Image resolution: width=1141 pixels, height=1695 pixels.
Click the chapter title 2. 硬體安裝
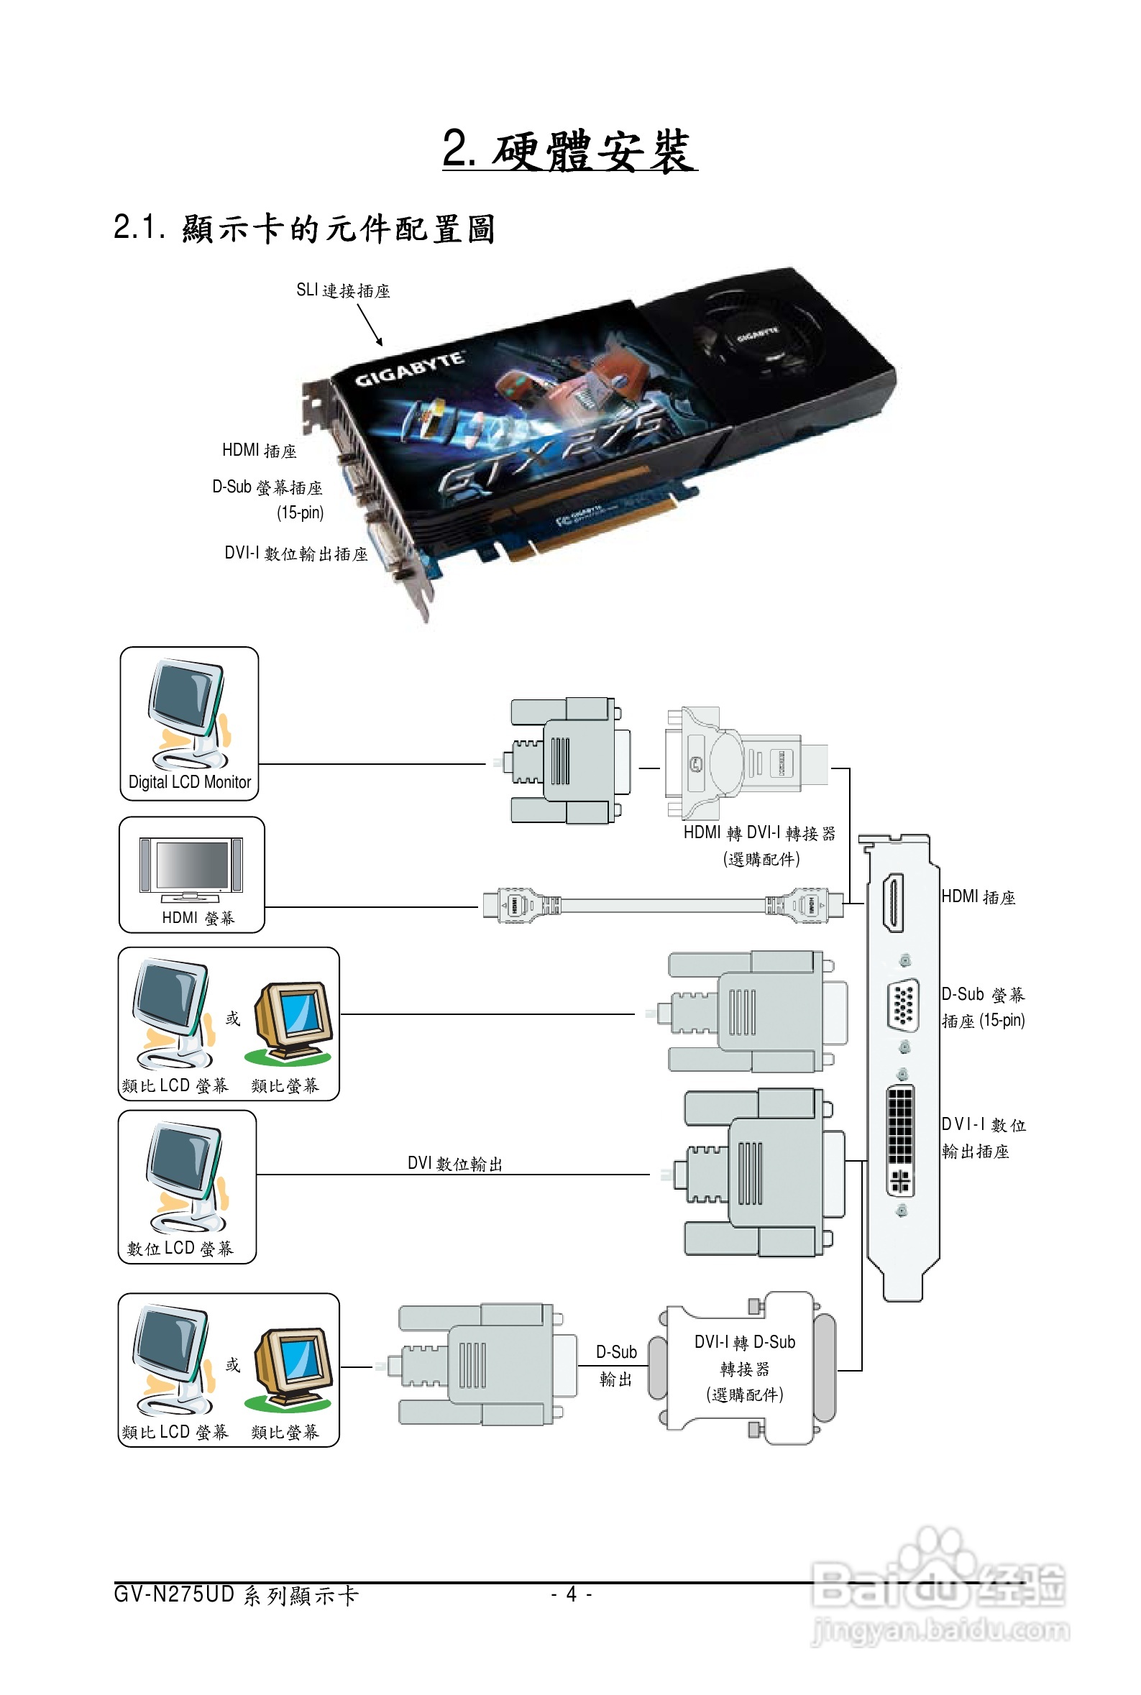(x=569, y=150)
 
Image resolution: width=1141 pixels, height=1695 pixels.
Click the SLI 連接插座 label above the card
(x=343, y=290)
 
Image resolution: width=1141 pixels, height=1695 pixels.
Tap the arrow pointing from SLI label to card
(x=370, y=324)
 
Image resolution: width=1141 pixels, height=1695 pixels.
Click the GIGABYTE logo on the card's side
(x=409, y=368)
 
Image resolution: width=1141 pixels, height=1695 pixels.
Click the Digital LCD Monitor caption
(x=189, y=782)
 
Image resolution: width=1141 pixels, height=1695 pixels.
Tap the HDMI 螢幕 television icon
(x=191, y=868)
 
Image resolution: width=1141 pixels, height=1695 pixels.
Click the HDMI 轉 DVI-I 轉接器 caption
(x=759, y=833)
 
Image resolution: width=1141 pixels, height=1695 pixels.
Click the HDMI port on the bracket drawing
(x=893, y=902)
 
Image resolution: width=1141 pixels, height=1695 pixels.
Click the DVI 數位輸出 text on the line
(x=455, y=1163)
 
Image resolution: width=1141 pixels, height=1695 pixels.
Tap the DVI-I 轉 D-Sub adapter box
(x=745, y=1368)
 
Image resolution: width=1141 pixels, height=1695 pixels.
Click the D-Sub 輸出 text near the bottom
(x=615, y=1365)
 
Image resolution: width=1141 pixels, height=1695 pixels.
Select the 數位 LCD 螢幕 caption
(x=180, y=1249)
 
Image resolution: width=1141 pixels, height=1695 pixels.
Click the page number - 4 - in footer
(x=572, y=1594)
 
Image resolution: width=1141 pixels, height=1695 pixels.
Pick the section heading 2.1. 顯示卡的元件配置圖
(x=304, y=229)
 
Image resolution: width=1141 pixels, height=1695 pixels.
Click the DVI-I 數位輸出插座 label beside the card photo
(x=295, y=553)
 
